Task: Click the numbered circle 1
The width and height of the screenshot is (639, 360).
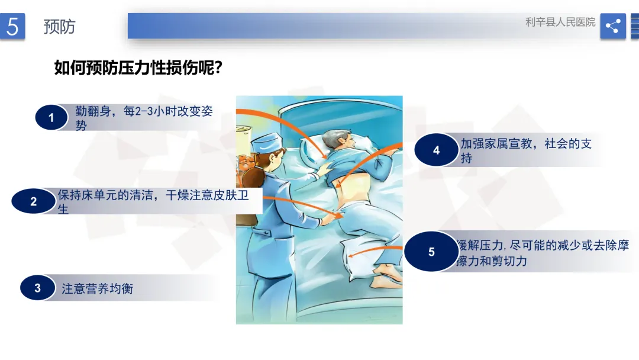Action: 51,117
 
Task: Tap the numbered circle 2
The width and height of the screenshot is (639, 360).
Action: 33,201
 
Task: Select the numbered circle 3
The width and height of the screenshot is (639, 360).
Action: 37,288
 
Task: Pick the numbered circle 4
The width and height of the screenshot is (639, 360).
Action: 436,150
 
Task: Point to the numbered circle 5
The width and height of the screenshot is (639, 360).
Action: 431,252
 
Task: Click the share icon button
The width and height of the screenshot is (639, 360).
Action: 613,26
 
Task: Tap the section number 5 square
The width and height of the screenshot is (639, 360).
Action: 12,26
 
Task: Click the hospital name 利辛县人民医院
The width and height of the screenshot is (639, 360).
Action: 560,22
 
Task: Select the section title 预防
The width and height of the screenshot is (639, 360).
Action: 60,27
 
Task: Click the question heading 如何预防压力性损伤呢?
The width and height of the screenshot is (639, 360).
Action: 138,67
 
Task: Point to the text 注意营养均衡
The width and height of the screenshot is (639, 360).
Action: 98,289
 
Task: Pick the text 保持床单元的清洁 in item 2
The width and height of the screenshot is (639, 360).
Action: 105,195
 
